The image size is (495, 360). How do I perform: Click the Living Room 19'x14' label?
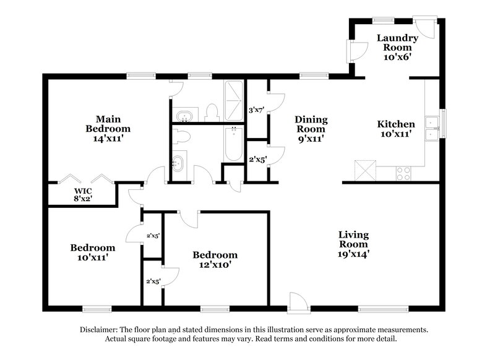(354, 244)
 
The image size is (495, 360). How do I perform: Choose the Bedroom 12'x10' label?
(215, 260)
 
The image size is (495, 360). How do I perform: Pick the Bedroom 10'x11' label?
(92, 252)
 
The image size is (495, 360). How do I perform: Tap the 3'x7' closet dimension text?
(256, 110)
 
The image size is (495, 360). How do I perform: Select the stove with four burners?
(403, 174)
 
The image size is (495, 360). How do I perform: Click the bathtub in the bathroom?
(233, 144)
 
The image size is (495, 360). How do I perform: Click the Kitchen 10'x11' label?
(396, 129)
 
